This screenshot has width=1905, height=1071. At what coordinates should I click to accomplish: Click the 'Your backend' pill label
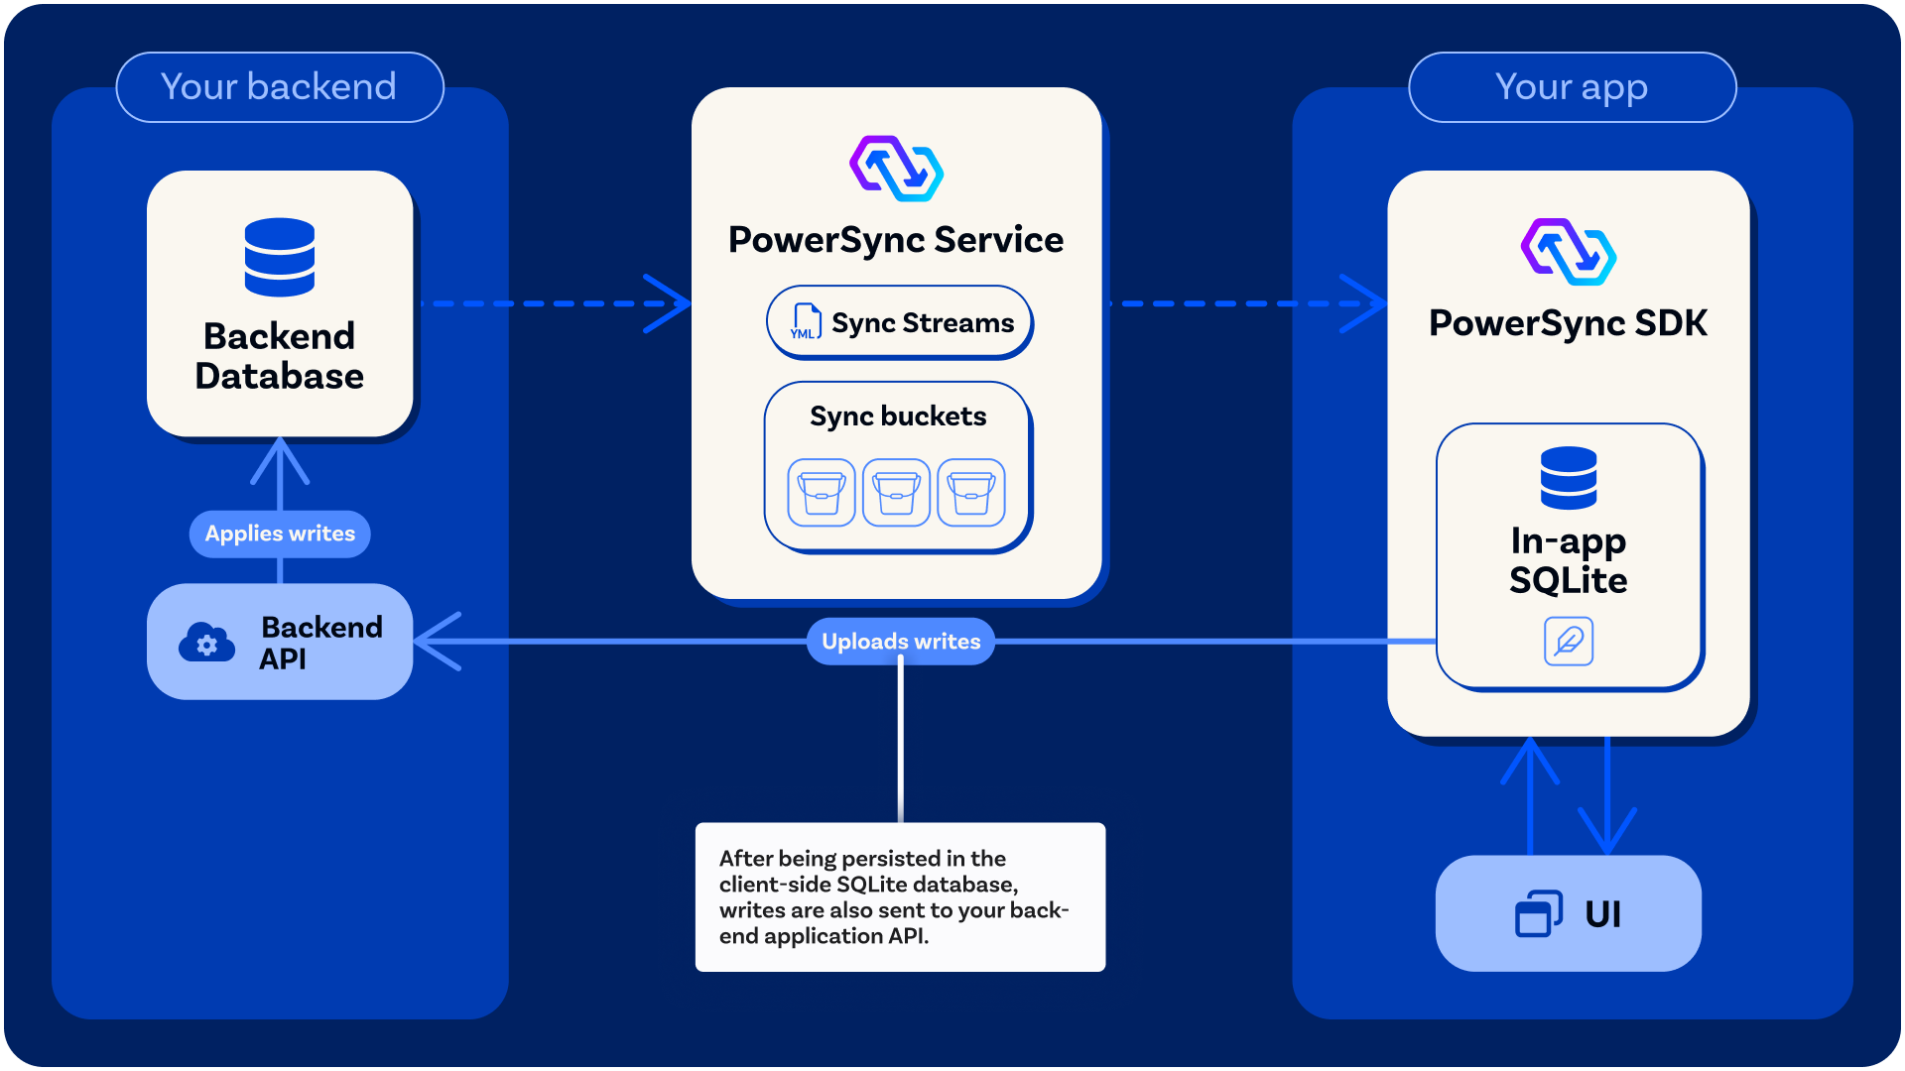tap(279, 87)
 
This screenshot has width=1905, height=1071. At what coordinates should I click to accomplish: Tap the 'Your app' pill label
tap(1572, 87)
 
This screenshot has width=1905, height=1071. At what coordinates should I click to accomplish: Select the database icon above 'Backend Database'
tap(280, 257)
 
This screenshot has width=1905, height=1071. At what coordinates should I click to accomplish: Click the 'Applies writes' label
tap(280, 534)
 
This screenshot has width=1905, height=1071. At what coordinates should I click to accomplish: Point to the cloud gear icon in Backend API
tap(206, 643)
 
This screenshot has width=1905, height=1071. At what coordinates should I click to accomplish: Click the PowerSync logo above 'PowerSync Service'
tap(897, 169)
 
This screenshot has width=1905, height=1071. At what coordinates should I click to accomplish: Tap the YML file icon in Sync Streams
tap(805, 322)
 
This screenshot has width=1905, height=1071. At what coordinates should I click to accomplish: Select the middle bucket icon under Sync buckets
tap(897, 492)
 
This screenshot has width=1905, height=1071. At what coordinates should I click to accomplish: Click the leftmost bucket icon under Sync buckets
tap(822, 492)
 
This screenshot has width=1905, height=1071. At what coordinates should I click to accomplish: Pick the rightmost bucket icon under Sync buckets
tap(971, 492)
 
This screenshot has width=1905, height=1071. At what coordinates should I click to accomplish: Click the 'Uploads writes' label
tap(901, 642)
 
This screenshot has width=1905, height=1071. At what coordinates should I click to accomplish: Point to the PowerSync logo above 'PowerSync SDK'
tap(1569, 252)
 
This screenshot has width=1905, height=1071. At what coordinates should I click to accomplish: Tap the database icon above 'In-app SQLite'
tap(1569, 478)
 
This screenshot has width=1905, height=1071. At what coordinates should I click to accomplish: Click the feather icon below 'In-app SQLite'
tap(1569, 641)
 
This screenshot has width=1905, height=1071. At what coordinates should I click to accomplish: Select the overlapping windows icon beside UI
tap(1539, 913)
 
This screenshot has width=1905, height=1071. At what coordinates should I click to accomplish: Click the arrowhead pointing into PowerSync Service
tap(679, 303)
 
